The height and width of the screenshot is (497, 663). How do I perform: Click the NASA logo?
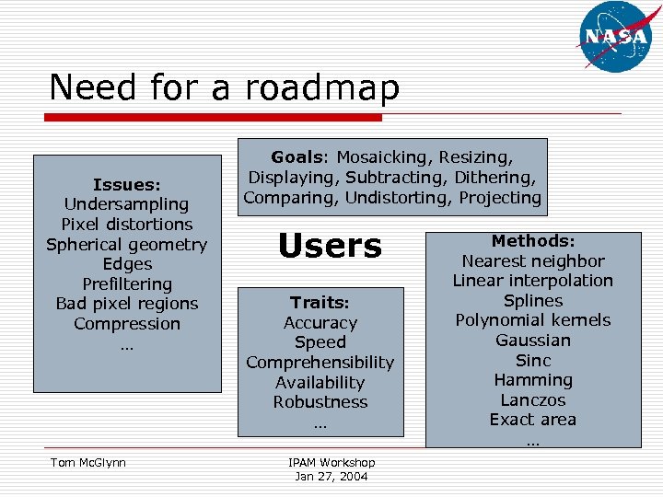[x=615, y=36]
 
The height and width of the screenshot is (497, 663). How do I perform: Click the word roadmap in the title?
[x=322, y=88]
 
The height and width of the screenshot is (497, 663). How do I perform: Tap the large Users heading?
[x=330, y=246]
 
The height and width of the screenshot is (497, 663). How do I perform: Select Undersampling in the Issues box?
[x=126, y=204]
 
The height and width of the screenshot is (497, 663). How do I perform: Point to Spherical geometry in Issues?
[x=127, y=245]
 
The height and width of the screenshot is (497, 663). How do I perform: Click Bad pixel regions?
[x=127, y=304]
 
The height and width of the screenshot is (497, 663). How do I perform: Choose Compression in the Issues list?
[x=127, y=324]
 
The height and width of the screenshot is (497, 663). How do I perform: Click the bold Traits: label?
[x=320, y=303]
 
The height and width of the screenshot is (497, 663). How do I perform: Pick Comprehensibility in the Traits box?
[x=320, y=363]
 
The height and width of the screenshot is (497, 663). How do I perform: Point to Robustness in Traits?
[x=320, y=402]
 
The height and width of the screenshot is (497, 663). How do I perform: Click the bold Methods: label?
[x=533, y=241]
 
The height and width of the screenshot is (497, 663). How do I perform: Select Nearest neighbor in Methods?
[x=533, y=261]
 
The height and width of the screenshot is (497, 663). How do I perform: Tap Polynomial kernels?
[x=533, y=320]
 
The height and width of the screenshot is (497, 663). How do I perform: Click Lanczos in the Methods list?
[x=533, y=400]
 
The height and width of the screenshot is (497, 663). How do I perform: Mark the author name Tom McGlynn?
[x=88, y=463]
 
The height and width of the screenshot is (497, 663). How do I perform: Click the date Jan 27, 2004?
[x=331, y=476]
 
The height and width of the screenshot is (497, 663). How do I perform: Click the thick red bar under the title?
[x=215, y=118]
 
